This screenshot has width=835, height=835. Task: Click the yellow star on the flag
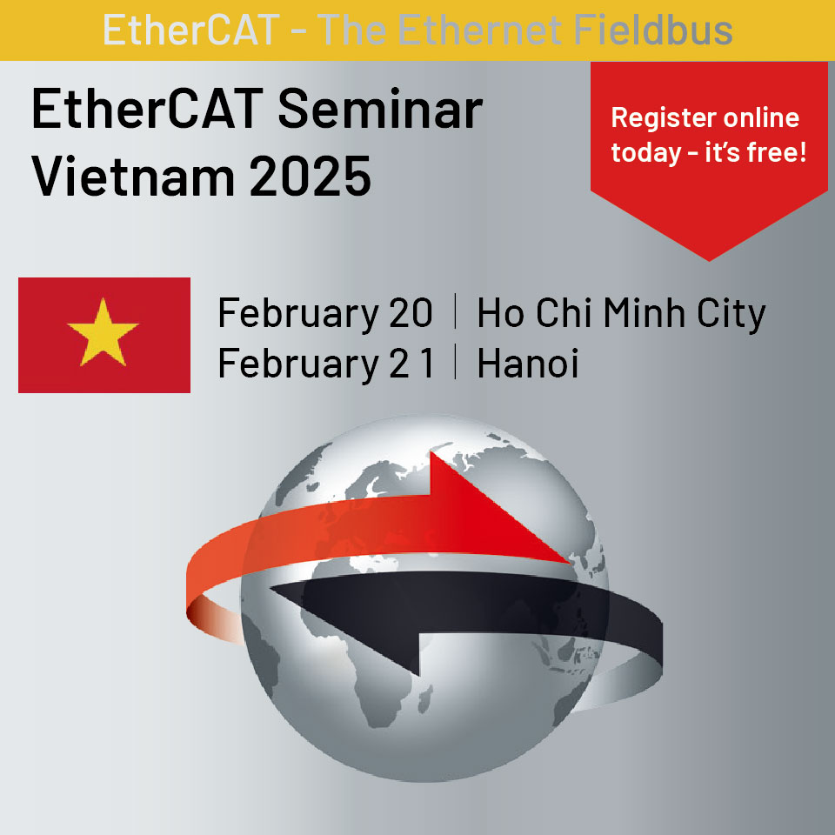103,333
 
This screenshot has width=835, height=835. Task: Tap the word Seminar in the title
380,110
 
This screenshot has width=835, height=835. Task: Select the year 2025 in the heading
310,177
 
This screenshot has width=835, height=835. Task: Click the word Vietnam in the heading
133,177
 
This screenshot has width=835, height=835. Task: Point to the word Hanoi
528,364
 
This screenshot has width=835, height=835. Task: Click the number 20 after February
411,312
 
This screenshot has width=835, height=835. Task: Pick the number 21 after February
411,364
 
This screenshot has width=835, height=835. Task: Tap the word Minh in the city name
644,312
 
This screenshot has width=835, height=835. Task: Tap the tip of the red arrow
569,562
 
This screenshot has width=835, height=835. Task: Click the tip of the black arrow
271,589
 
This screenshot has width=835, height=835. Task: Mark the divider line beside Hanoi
455,362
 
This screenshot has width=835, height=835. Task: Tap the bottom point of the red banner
709,261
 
